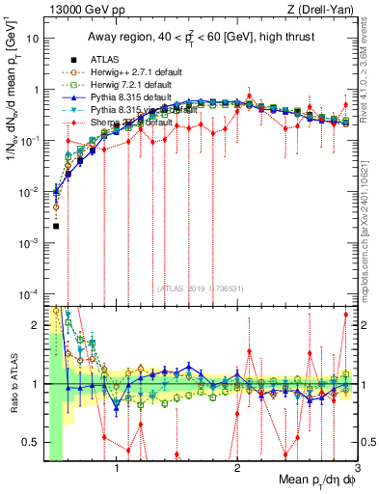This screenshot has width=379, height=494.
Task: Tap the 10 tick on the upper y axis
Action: click(x=35, y=40)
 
